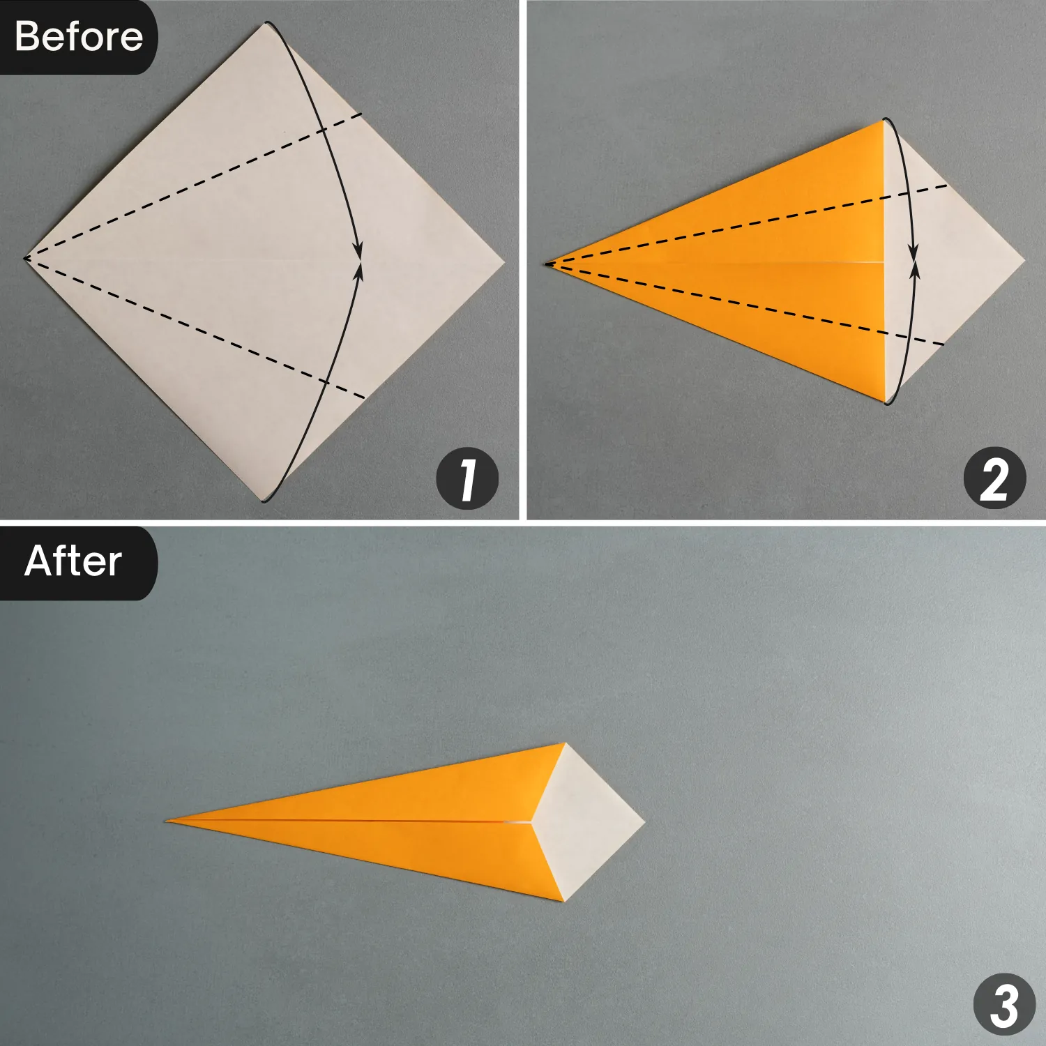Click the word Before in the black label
[x=78, y=36]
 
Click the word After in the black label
[x=73, y=561]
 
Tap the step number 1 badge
[x=467, y=478]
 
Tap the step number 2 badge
[x=994, y=478]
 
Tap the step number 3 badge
[x=1004, y=1006]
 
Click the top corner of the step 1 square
[x=266, y=24]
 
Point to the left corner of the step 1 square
[x=25, y=259]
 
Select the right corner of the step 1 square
[x=503, y=263]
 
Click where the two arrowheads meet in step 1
[x=360, y=260]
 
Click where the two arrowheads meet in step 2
[x=914, y=261]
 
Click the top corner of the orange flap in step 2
[x=884, y=121]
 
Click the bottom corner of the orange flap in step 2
[x=886, y=402]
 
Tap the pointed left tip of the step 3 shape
[x=167, y=821]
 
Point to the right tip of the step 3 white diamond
[x=644, y=821]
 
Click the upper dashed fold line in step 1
[x=195, y=185]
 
